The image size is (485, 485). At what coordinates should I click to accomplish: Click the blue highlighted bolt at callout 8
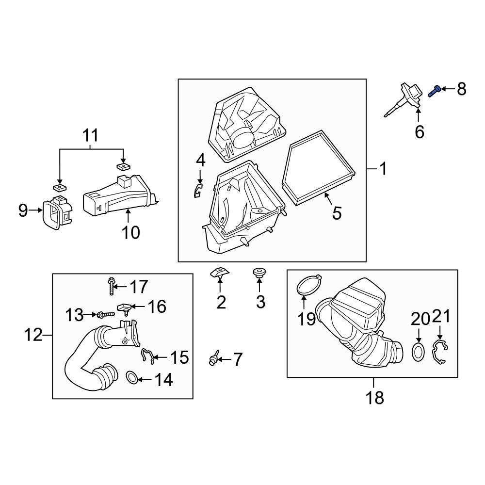[436, 90]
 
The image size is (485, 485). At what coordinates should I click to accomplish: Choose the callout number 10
[130, 232]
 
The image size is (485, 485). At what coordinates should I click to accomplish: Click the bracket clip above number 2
[220, 274]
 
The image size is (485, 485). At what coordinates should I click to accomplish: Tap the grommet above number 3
[260, 273]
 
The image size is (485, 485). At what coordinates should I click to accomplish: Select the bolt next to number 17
[112, 286]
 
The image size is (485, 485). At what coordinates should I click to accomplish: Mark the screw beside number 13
[105, 315]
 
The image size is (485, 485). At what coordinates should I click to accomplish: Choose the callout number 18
[375, 398]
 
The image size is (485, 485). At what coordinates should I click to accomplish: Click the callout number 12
[34, 335]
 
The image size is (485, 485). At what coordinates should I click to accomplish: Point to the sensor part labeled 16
[125, 308]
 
